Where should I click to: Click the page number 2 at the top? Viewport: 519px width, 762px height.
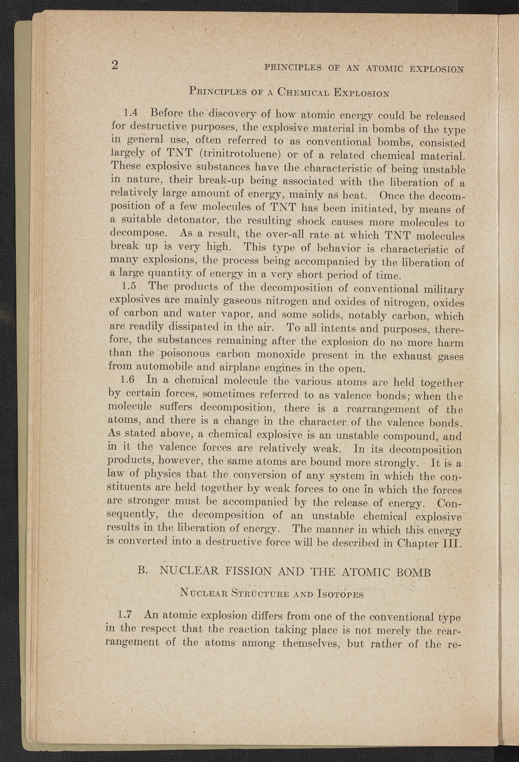coord(115,65)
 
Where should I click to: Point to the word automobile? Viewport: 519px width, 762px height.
coord(165,368)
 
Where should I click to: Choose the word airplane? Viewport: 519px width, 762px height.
coord(218,369)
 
